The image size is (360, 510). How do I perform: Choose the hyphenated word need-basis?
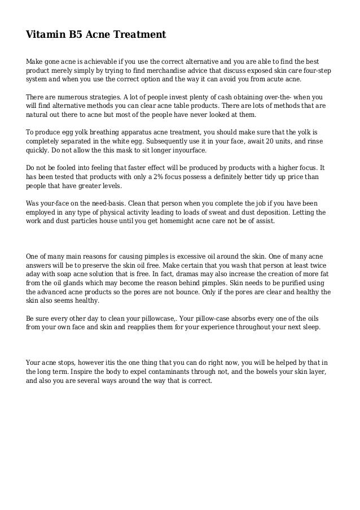(111, 203)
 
